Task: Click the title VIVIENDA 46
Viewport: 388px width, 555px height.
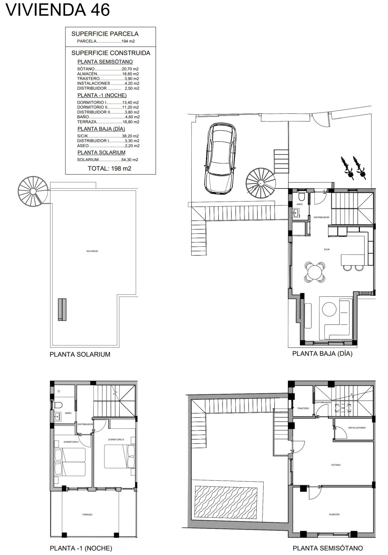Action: (x=58, y=10)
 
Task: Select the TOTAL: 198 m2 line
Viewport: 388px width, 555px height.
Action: (x=109, y=168)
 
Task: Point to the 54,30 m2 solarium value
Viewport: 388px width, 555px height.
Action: (x=130, y=160)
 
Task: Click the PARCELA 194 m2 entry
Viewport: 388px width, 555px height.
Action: (x=106, y=41)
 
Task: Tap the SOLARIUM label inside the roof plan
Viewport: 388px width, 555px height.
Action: (x=92, y=251)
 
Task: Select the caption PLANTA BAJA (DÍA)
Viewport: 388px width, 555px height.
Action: (x=322, y=353)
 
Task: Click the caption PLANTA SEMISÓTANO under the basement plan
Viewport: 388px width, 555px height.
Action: (x=328, y=548)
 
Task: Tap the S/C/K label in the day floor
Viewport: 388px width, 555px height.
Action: (x=327, y=249)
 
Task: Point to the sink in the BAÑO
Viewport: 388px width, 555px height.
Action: (x=58, y=417)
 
